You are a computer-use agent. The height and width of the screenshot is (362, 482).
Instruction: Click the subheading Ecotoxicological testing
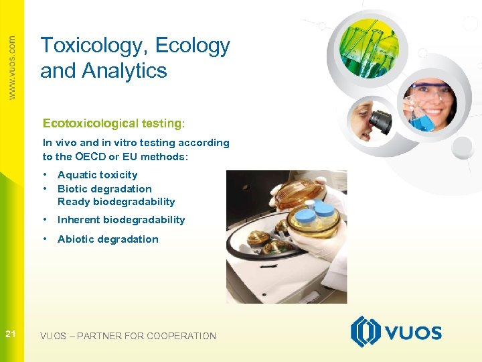coord(112,123)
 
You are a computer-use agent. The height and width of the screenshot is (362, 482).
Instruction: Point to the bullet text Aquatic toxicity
coord(97,175)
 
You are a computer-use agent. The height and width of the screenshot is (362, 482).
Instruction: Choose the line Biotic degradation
coord(104,189)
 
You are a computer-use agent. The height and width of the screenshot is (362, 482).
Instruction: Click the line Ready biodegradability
coord(116,202)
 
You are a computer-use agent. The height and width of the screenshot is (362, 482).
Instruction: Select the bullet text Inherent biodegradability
coord(121,220)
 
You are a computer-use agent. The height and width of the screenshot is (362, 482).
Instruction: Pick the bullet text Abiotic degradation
coord(108,239)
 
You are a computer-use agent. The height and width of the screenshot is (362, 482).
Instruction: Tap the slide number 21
coord(11,335)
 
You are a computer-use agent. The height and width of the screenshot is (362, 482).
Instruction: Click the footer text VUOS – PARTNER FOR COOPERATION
coord(128,336)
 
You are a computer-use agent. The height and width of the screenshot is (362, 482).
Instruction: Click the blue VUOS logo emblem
coord(366,332)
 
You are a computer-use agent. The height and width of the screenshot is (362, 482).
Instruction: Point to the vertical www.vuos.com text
coord(11,67)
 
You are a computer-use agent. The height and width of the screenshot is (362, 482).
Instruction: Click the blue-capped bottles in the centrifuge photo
coord(315,216)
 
